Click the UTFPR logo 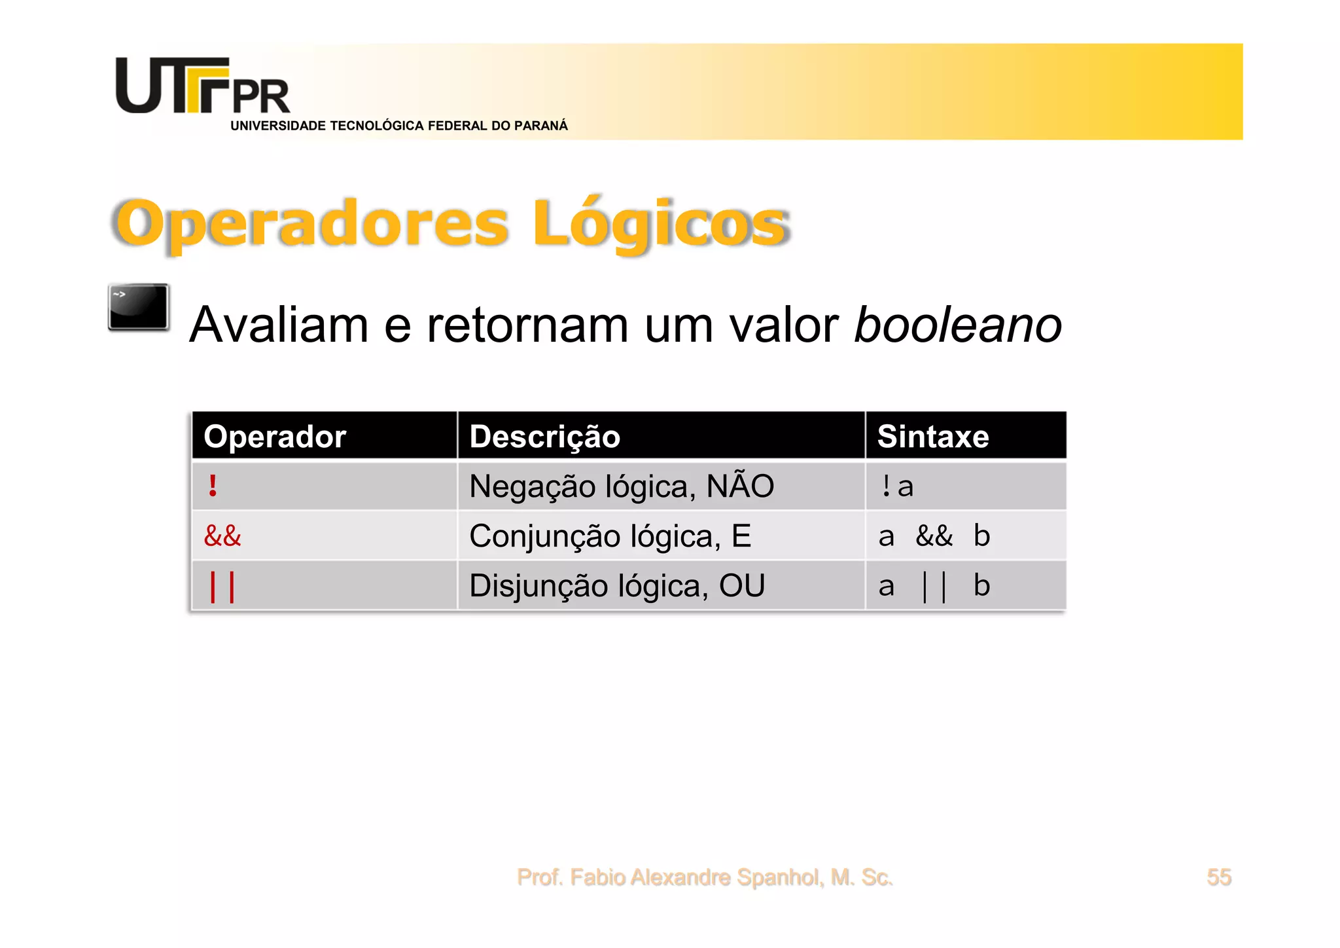(202, 86)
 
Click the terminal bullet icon (139, 307)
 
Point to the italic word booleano (958, 325)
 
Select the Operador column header (275, 437)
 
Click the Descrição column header (544, 437)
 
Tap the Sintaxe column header (933, 437)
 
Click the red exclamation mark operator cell (213, 486)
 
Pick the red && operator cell (222, 536)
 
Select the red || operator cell (222, 586)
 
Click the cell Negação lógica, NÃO (622, 486)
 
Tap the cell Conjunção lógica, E (610, 536)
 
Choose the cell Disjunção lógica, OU (617, 586)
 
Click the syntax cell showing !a (897, 486)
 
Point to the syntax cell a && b (934, 536)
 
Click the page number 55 (1219, 877)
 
